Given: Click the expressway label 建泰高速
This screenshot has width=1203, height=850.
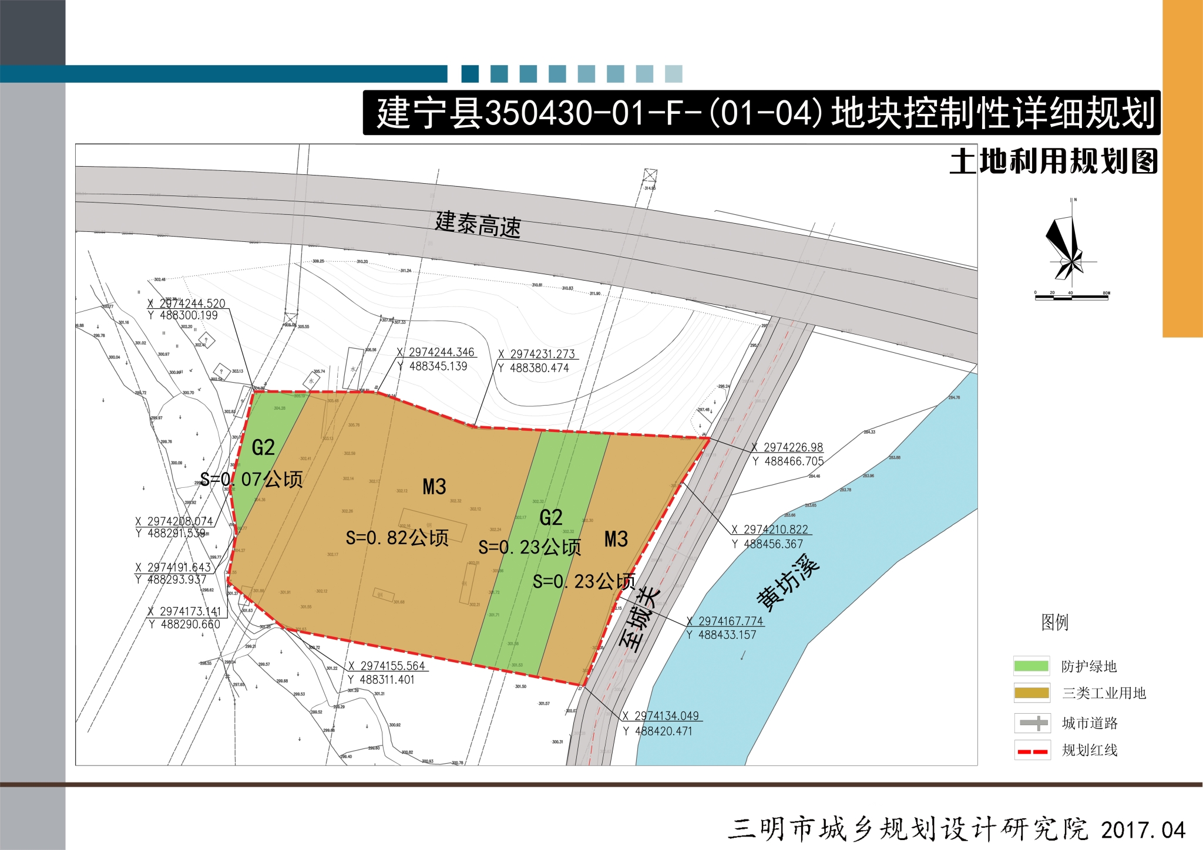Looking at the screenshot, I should click(x=478, y=224).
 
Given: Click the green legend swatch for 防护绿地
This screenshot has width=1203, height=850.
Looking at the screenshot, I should click(x=1031, y=666).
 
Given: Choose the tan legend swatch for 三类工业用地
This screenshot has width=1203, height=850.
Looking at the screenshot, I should click(x=1031, y=693).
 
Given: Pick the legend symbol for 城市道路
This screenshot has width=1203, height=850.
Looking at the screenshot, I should click(x=1032, y=723).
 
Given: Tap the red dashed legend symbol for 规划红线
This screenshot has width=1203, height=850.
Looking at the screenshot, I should click(x=1032, y=750).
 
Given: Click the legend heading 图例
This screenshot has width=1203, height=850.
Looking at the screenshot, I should click(x=1054, y=622).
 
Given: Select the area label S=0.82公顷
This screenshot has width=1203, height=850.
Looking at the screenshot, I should click(x=397, y=538).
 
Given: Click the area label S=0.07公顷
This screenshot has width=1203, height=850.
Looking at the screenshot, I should click(x=251, y=480).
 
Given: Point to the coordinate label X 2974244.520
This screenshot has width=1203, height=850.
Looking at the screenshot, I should click(x=187, y=303).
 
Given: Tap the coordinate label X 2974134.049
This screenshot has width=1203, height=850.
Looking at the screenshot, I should click(x=661, y=716).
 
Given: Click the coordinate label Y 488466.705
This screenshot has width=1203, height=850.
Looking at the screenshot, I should click(x=788, y=462).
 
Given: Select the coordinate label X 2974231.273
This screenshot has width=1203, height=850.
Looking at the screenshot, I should click(x=537, y=354).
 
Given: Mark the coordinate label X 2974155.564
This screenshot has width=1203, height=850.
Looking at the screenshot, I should click(x=387, y=666).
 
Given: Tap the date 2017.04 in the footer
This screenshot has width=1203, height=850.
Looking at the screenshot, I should click(x=1142, y=830).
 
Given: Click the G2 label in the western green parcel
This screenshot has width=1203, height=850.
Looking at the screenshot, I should click(x=263, y=448).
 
